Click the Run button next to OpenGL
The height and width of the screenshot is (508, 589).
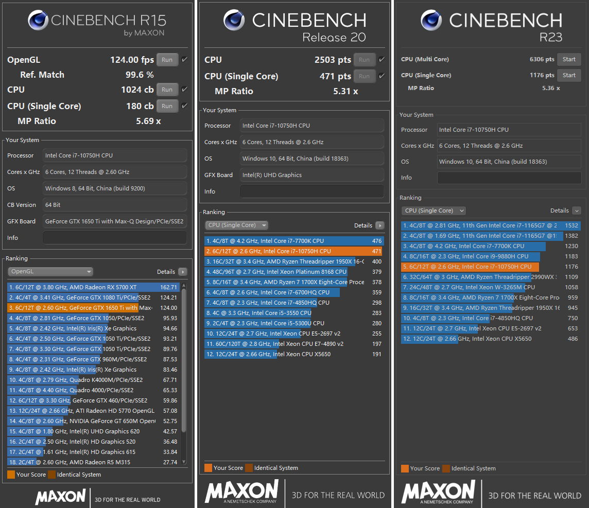[167, 60]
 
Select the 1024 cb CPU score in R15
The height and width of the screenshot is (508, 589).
[137, 90]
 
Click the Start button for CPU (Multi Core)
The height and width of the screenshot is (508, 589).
[569, 59]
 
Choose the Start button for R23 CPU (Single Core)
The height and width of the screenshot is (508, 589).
[569, 75]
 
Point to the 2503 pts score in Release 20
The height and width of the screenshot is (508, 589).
[333, 60]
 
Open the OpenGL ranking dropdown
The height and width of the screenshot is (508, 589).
[50, 272]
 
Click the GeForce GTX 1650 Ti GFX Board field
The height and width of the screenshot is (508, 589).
[114, 221]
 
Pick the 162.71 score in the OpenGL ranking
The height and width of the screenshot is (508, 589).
[168, 287]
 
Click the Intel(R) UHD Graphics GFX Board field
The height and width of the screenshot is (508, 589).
[312, 175]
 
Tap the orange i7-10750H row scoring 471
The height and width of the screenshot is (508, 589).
[293, 251]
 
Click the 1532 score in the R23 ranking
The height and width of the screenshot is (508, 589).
[571, 225]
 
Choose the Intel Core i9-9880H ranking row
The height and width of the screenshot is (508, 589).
[471, 256]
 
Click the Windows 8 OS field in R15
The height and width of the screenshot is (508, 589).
[114, 188]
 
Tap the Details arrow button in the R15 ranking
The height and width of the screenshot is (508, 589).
[183, 272]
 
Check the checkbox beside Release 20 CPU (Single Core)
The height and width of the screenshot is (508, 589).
[382, 76]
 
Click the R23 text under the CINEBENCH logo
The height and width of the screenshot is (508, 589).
[550, 37]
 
